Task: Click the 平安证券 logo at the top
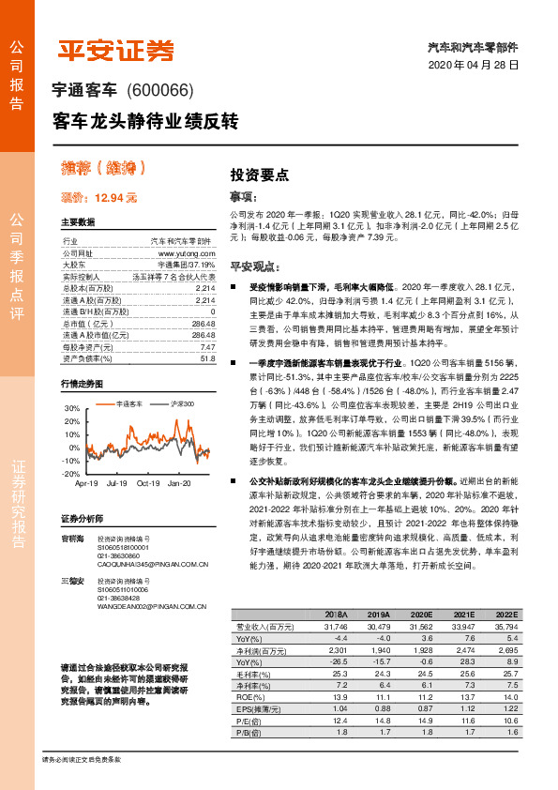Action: pos(116,51)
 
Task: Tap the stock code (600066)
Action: pos(167,91)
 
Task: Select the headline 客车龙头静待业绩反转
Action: pos(146,122)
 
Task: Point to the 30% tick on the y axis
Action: pos(72,409)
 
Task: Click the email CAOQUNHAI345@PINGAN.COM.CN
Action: pos(139,565)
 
